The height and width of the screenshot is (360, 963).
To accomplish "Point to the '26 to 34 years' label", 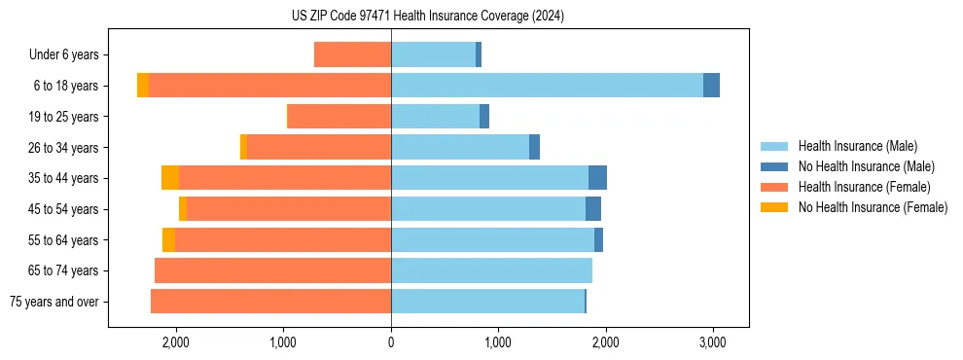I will [65, 148].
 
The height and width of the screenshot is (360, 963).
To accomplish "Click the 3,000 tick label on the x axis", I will [712, 342].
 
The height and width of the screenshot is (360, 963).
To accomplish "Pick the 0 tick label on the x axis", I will [391, 342].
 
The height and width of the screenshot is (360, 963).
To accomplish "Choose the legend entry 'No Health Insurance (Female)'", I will [873, 207].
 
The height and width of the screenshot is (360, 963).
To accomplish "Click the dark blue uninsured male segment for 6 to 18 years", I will [711, 86].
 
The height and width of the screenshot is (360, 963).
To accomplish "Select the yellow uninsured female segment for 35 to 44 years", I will [170, 178].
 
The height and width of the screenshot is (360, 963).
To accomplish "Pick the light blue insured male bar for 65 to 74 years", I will [491, 270].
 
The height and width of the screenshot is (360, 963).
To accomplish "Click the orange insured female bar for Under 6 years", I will [352, 55].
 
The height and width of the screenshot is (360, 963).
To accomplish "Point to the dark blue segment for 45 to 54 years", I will [593, 209].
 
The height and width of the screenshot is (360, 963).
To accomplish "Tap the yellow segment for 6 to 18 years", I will [143, 86].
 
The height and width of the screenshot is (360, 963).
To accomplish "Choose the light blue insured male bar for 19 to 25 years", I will [435, 117].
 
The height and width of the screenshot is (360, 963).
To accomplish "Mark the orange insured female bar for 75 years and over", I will [270, 302].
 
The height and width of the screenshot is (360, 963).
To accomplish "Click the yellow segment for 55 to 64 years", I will [168, 240].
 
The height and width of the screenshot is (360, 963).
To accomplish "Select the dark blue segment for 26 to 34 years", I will [534, 148].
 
